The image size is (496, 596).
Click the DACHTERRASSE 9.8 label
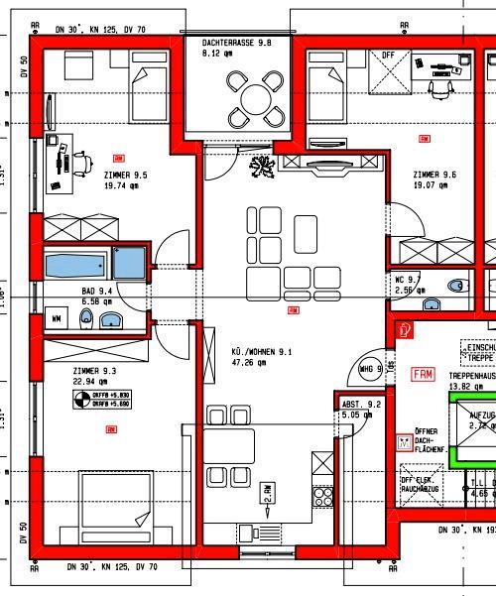point(236,45)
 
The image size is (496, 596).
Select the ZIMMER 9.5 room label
point(126,175)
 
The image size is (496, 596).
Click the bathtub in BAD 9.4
point(76,264)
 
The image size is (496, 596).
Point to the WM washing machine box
point(56,318)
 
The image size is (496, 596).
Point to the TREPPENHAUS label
point(471,377)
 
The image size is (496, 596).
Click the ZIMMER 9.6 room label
point(434,175)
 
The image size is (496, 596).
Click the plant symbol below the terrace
point(262,168)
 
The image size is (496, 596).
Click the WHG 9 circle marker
point(369,369)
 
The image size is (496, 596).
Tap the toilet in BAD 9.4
point(86,318)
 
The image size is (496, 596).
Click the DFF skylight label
point(388,56)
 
